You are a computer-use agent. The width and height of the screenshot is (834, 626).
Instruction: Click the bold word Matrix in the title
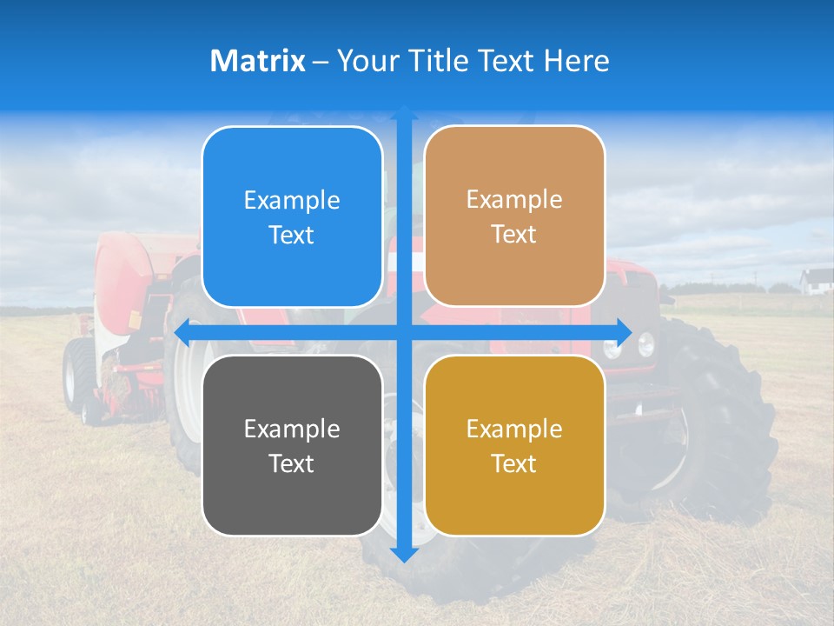pos(258,61)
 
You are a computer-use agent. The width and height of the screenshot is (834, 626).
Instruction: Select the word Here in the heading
pos(577,61)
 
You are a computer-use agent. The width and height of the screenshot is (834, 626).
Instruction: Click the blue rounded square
pos(292,217)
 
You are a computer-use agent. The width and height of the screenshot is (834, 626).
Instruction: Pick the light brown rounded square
pos(514,216)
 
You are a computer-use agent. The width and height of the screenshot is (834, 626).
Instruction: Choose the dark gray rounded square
pos(292,445)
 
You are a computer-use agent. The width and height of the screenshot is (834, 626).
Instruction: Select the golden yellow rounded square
pos(514,445)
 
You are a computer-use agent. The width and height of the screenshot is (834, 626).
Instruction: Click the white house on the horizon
pos(817,281)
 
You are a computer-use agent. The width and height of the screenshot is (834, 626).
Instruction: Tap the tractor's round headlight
pos(645,345)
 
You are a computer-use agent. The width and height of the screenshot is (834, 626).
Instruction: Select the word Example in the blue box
pos(292,201)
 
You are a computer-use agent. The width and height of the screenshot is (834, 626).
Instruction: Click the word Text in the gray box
pos(292,463)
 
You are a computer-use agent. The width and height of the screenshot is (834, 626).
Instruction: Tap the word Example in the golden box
pos(514,429)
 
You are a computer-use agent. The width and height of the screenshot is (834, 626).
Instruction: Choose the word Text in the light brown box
pos(514,235)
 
